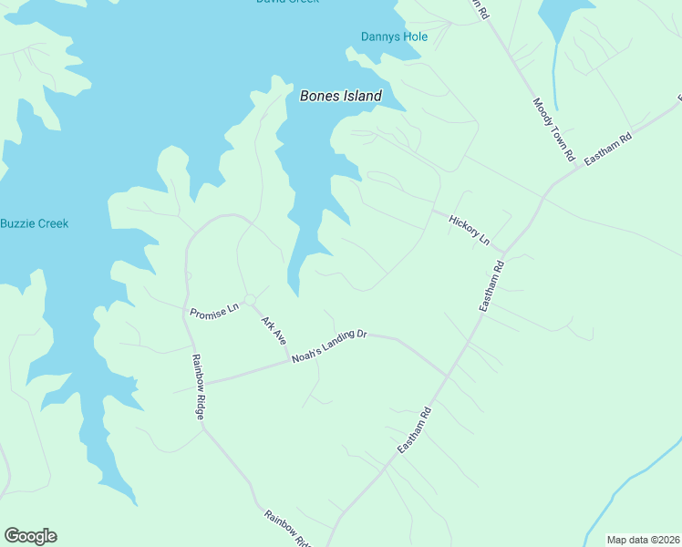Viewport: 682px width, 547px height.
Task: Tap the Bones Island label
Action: tap(341, 96)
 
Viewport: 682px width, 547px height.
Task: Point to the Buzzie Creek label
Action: tap(34, 223)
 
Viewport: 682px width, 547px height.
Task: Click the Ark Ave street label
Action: tap(274, 329)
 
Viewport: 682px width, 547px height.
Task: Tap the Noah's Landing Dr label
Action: tap(328, 346)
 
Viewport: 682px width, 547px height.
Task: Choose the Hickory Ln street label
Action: tap(470, 229)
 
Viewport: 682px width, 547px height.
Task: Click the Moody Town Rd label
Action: tap(553, 130)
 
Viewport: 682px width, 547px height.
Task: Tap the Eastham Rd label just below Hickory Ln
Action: tap(491, 287)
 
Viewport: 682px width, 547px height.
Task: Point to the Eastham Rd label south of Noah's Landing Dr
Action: tap(419, 430)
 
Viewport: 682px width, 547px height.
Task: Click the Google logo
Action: tap(30, 536)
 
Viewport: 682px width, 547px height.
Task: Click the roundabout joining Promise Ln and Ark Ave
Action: tap(249, 299)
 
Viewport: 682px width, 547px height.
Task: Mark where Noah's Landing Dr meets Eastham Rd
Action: tap(449, 376)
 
